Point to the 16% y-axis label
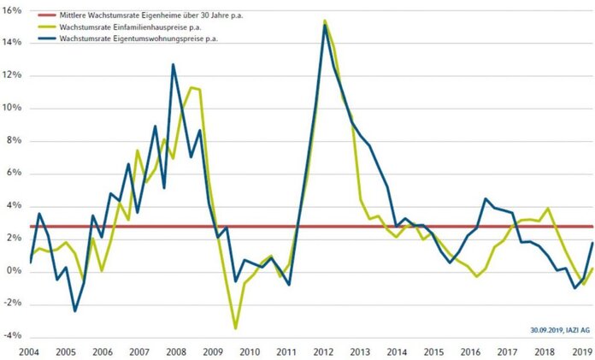pos(15,10)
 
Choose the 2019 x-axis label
pos(581,351)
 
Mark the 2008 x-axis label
pos(177,351)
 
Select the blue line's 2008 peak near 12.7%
pos(174,64)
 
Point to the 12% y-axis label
pos(15,76)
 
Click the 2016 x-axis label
pos(471,351)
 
